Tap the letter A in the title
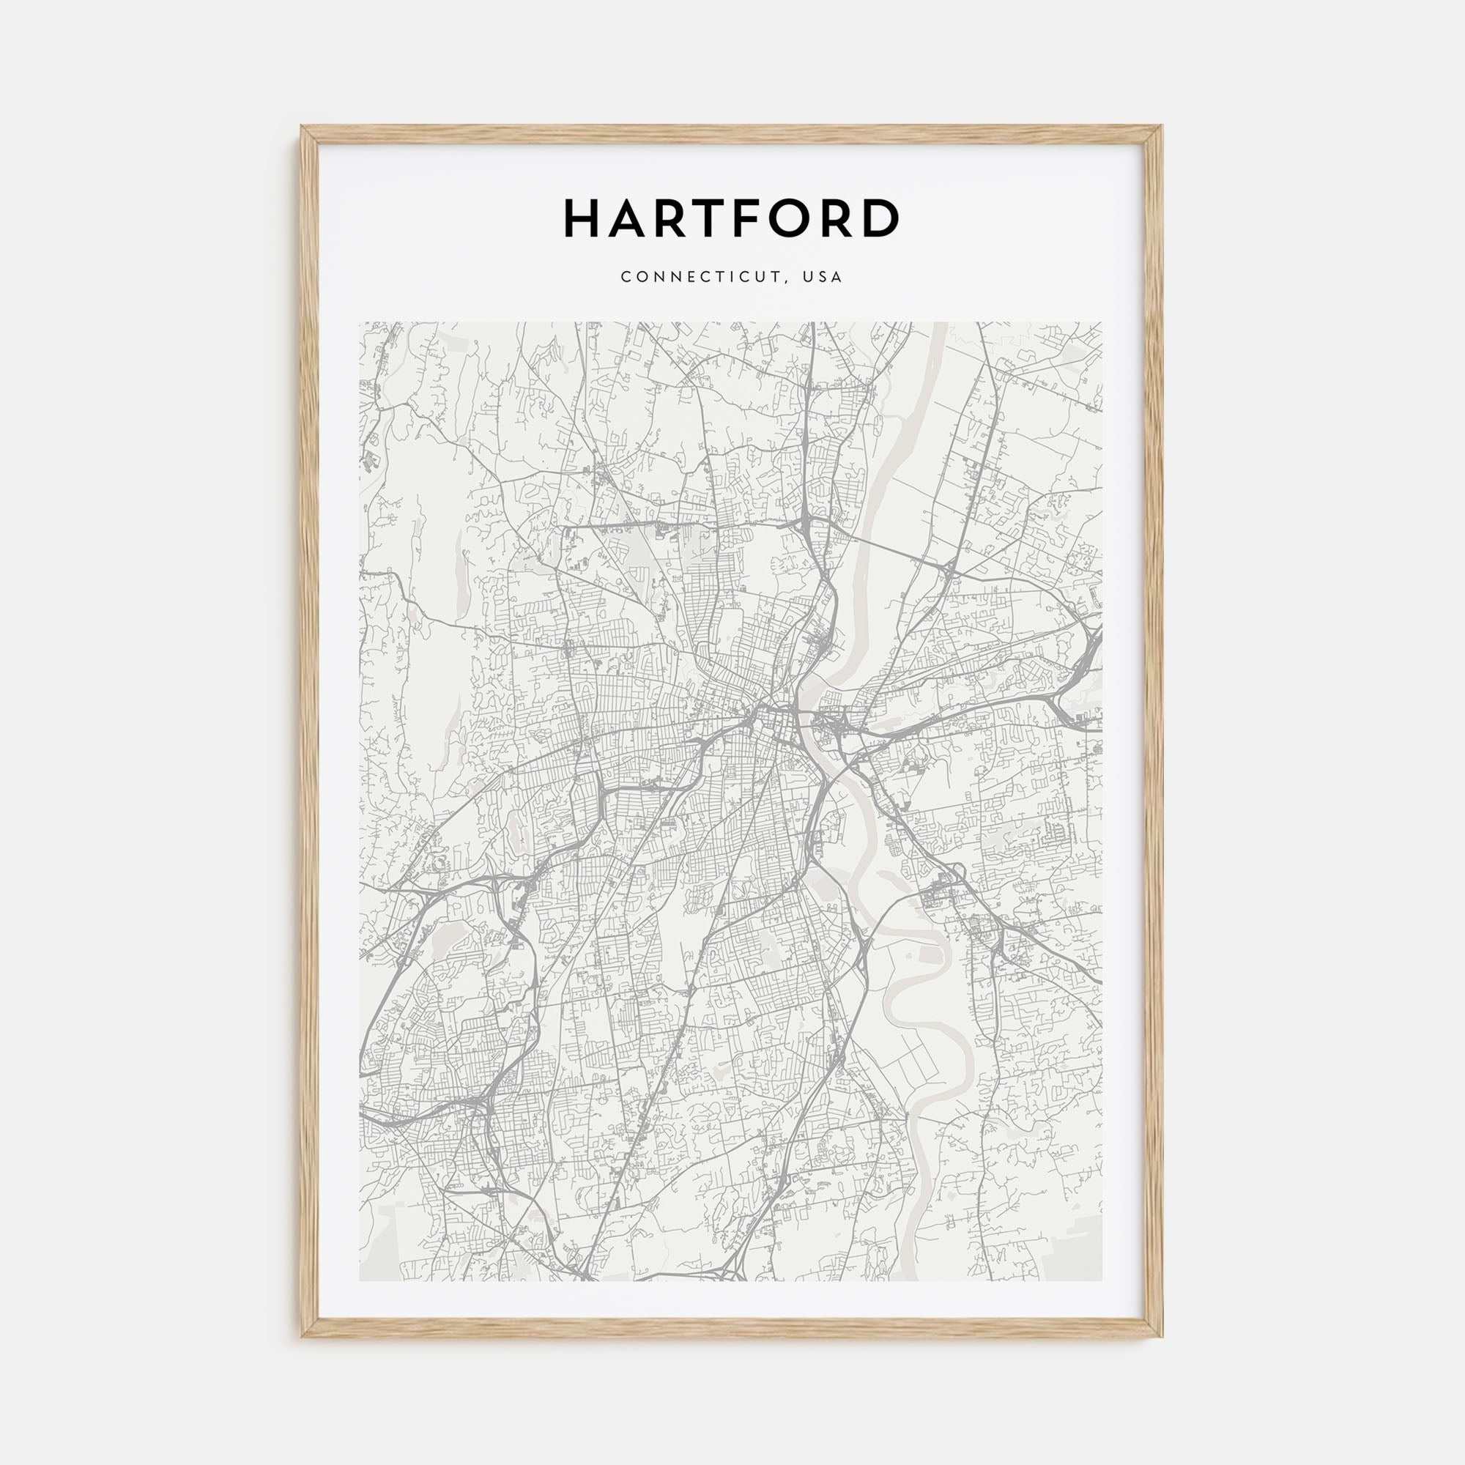[631, 218]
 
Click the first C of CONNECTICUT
[626, 277]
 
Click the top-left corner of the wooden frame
[301, 126]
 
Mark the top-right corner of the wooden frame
[1162, 126]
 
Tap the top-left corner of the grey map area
[360, 322]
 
